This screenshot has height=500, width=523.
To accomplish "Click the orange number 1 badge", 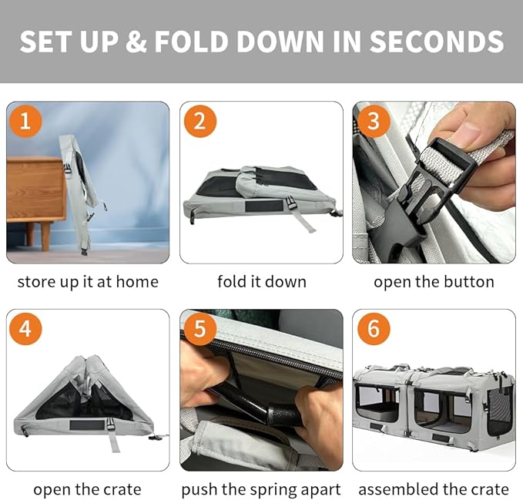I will [25, 121].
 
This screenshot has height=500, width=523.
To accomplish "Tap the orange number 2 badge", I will [199, 121].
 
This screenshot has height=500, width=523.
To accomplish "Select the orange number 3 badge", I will [374, 121].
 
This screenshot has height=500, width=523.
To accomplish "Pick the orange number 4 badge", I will [25, 328].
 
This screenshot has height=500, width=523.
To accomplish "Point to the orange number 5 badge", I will [199, 328].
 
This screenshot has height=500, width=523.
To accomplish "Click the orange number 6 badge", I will [374, 328].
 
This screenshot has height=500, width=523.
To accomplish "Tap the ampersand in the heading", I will [137, 42].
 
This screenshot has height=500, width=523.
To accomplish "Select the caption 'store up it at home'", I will [88, 282].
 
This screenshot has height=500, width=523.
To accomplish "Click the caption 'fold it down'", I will [262, 282].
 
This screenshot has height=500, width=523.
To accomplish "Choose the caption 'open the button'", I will [434, 282].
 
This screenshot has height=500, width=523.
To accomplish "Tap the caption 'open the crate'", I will [87, 489].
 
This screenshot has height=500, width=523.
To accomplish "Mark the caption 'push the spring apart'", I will [261, 489].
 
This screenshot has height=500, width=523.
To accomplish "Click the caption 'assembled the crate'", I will [434, 489].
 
